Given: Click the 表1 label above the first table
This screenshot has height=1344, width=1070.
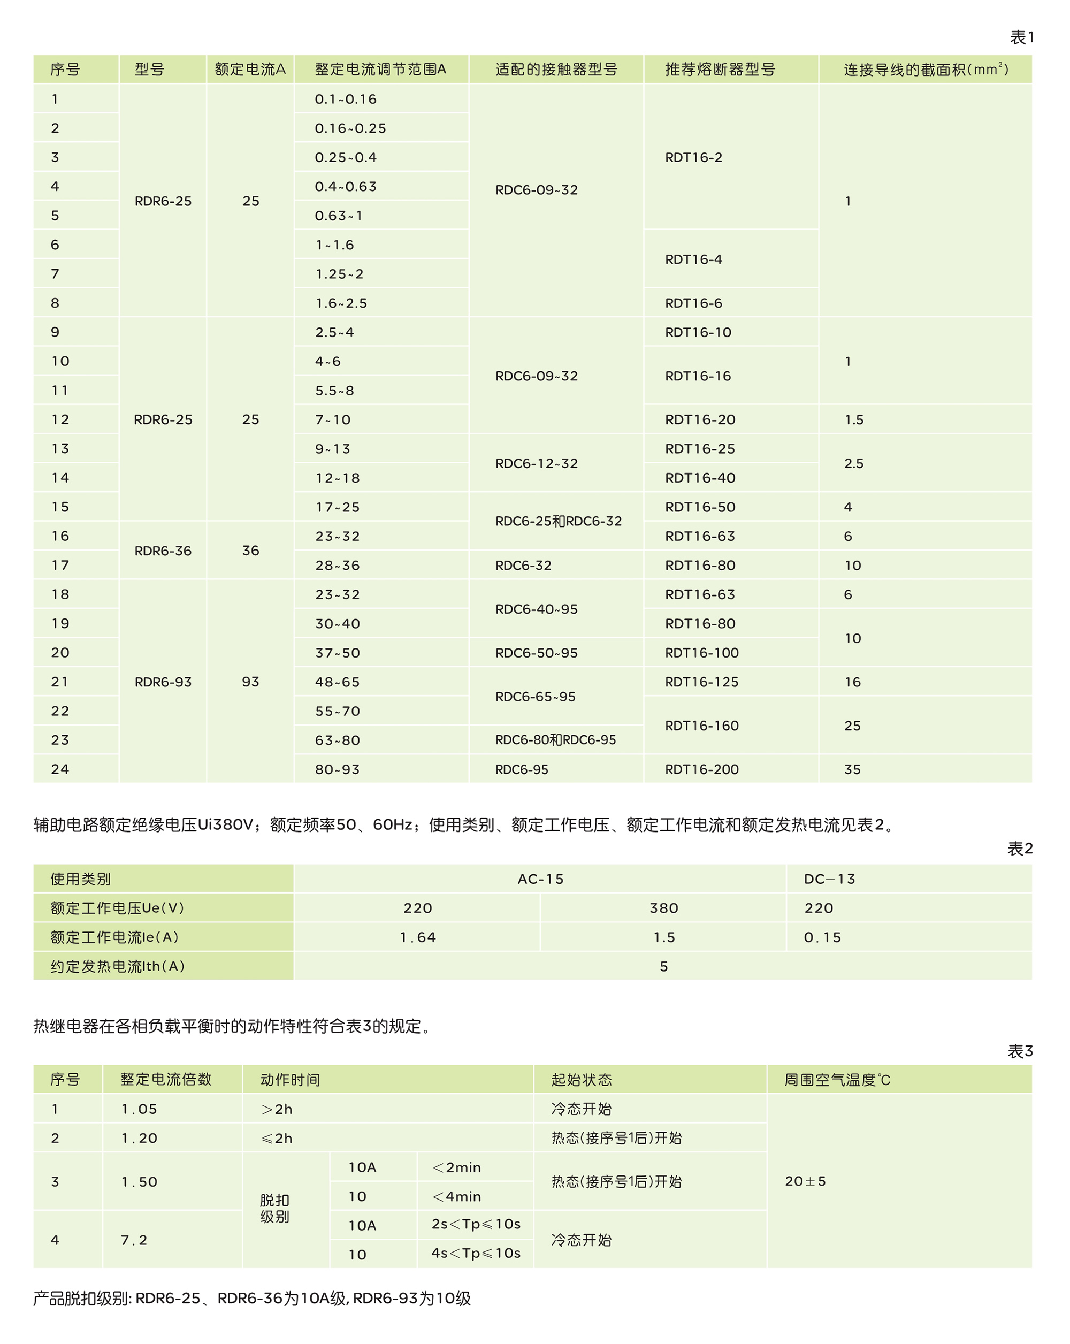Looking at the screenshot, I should point(1021,37).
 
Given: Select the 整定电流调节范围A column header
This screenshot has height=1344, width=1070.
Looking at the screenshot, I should point(380,69).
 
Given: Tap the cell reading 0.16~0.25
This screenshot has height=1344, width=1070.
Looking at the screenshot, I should point(350,128).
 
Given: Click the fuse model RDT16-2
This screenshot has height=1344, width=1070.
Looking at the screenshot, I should point(693,157).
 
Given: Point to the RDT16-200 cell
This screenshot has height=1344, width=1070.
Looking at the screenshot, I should point(702,769).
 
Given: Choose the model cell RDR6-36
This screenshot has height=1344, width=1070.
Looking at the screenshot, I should point(163,551).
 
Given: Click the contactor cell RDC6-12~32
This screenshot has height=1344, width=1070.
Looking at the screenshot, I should point(537,463).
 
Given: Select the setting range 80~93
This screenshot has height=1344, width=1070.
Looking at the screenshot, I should point(337,769).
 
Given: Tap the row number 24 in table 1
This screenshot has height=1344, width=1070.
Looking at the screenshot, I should point(60,769).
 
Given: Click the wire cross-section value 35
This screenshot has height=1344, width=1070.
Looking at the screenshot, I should point(852,769).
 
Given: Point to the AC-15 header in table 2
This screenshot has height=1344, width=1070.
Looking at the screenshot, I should point(540,879).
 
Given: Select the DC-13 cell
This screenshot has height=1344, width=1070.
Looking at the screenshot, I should point(829,879).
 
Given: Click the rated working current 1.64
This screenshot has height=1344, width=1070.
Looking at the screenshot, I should point(417,937).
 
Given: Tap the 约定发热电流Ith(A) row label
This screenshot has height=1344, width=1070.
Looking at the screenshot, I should point(118,966).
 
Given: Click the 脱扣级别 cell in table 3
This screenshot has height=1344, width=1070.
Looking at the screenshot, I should point(275,1208).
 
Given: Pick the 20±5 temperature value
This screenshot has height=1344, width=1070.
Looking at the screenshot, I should point(805,1181).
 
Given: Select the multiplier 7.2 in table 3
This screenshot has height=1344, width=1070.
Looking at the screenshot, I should point(134,1240).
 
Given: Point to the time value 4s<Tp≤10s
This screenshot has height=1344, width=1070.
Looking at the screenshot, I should point(476,1253).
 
